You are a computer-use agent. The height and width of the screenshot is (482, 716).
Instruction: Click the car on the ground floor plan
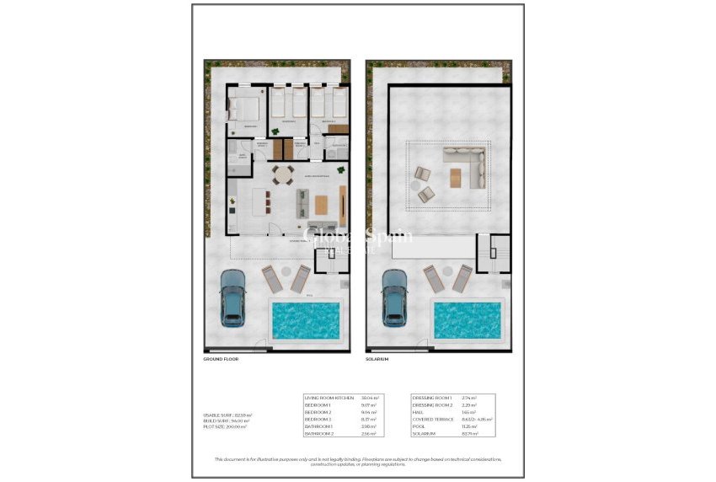click(232, 298)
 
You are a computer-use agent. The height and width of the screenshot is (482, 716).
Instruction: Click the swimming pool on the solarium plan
click(467, 319)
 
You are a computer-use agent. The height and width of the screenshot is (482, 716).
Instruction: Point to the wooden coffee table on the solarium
click(456, 177)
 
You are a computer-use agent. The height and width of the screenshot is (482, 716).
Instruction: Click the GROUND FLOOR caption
click(221, 359)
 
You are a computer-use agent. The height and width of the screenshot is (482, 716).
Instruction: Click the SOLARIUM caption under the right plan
click(377, 359)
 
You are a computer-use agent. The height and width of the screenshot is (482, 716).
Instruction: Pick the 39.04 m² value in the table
click(370, 398)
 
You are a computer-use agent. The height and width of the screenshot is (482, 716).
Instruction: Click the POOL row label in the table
click(419, 426)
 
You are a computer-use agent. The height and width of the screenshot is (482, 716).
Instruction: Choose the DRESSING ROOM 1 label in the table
click(432, 398)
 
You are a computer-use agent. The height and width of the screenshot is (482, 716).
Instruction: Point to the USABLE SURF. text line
click(225, 415)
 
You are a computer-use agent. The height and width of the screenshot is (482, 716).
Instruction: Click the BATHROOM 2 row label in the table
click(320, 433)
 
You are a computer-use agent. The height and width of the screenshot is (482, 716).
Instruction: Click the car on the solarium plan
click(394, 298)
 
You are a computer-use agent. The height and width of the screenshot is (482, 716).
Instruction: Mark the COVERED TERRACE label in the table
click(433, 419)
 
